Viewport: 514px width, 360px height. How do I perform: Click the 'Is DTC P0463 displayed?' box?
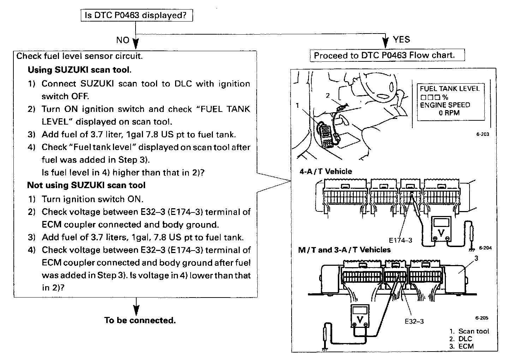[x=137, y=15]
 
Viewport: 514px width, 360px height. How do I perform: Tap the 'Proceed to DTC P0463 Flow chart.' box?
[x=387, y=55]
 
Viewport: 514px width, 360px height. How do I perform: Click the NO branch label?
[x=123, y=40]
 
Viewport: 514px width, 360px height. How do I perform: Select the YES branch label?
[x=401, y=40]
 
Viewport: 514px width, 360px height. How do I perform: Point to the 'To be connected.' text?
[x=140, y=320]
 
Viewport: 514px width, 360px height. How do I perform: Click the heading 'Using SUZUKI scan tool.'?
[x=79, y=70]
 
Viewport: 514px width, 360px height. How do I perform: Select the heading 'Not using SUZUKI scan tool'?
[x=86, y=185]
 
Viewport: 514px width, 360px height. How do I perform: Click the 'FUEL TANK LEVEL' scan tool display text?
[x=449, y=89]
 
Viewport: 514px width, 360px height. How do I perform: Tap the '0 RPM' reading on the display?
[x=449, y=113]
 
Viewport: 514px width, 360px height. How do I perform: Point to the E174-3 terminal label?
[x=400, y=240]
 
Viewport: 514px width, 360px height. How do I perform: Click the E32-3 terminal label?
[x=414, y=321]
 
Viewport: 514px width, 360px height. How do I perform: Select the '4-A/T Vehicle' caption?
[x=325, y=172]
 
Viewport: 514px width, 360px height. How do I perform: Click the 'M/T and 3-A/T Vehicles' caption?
[x=344, y=250]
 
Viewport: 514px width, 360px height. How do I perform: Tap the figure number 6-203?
[x=483, y=134]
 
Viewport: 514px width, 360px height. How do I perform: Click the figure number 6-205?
[x=482, y=318]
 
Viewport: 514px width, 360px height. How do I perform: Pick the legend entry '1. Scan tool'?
[x=469, y=331]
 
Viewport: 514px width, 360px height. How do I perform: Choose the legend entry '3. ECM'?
[x=461, y=346]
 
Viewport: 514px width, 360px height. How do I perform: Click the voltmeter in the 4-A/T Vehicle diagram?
[x=441, y=229]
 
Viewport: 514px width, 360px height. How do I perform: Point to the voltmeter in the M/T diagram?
[x=360, y=316]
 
